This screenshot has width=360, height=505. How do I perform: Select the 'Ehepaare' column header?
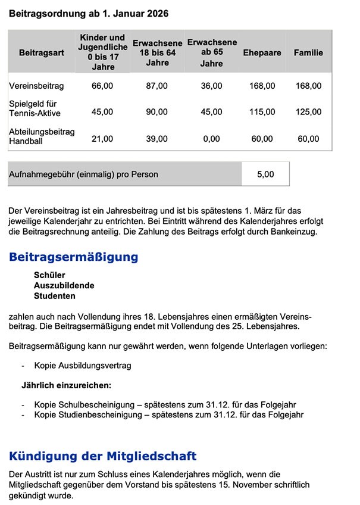click(x=262, y=52)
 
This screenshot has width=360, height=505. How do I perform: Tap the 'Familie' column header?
click(x=308, y=52)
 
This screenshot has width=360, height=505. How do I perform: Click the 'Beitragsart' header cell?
click(x=41, y=52)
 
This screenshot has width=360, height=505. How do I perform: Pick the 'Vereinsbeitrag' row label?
click(x=36, y=86)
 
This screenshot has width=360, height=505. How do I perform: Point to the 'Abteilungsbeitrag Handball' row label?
click(x=42, y=135)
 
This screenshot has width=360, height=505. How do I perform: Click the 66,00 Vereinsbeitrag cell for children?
click(x=102, y=86)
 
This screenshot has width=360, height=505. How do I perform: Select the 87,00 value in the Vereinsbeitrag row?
click(x=156, y=86)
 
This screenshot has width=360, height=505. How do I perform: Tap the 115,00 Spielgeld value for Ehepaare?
click(x=262, y=111)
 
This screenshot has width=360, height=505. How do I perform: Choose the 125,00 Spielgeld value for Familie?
click(x=308, y=111)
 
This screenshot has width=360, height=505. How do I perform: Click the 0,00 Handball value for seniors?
click(x=211, y=139)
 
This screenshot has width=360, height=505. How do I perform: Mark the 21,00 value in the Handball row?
click(x=102, y=139)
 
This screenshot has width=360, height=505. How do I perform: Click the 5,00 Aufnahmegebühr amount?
click(x=265, y=174)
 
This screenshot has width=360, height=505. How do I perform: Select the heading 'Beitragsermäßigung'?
click(x=74, y=257)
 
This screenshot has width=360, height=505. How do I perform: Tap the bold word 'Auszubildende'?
click(x=64, y=285)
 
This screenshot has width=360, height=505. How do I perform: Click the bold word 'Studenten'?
click(x=55, y=295)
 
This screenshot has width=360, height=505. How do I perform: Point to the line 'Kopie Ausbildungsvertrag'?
click(x=83, y=365)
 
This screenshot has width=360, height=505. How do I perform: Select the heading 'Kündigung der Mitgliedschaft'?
click(x=102, y=456)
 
